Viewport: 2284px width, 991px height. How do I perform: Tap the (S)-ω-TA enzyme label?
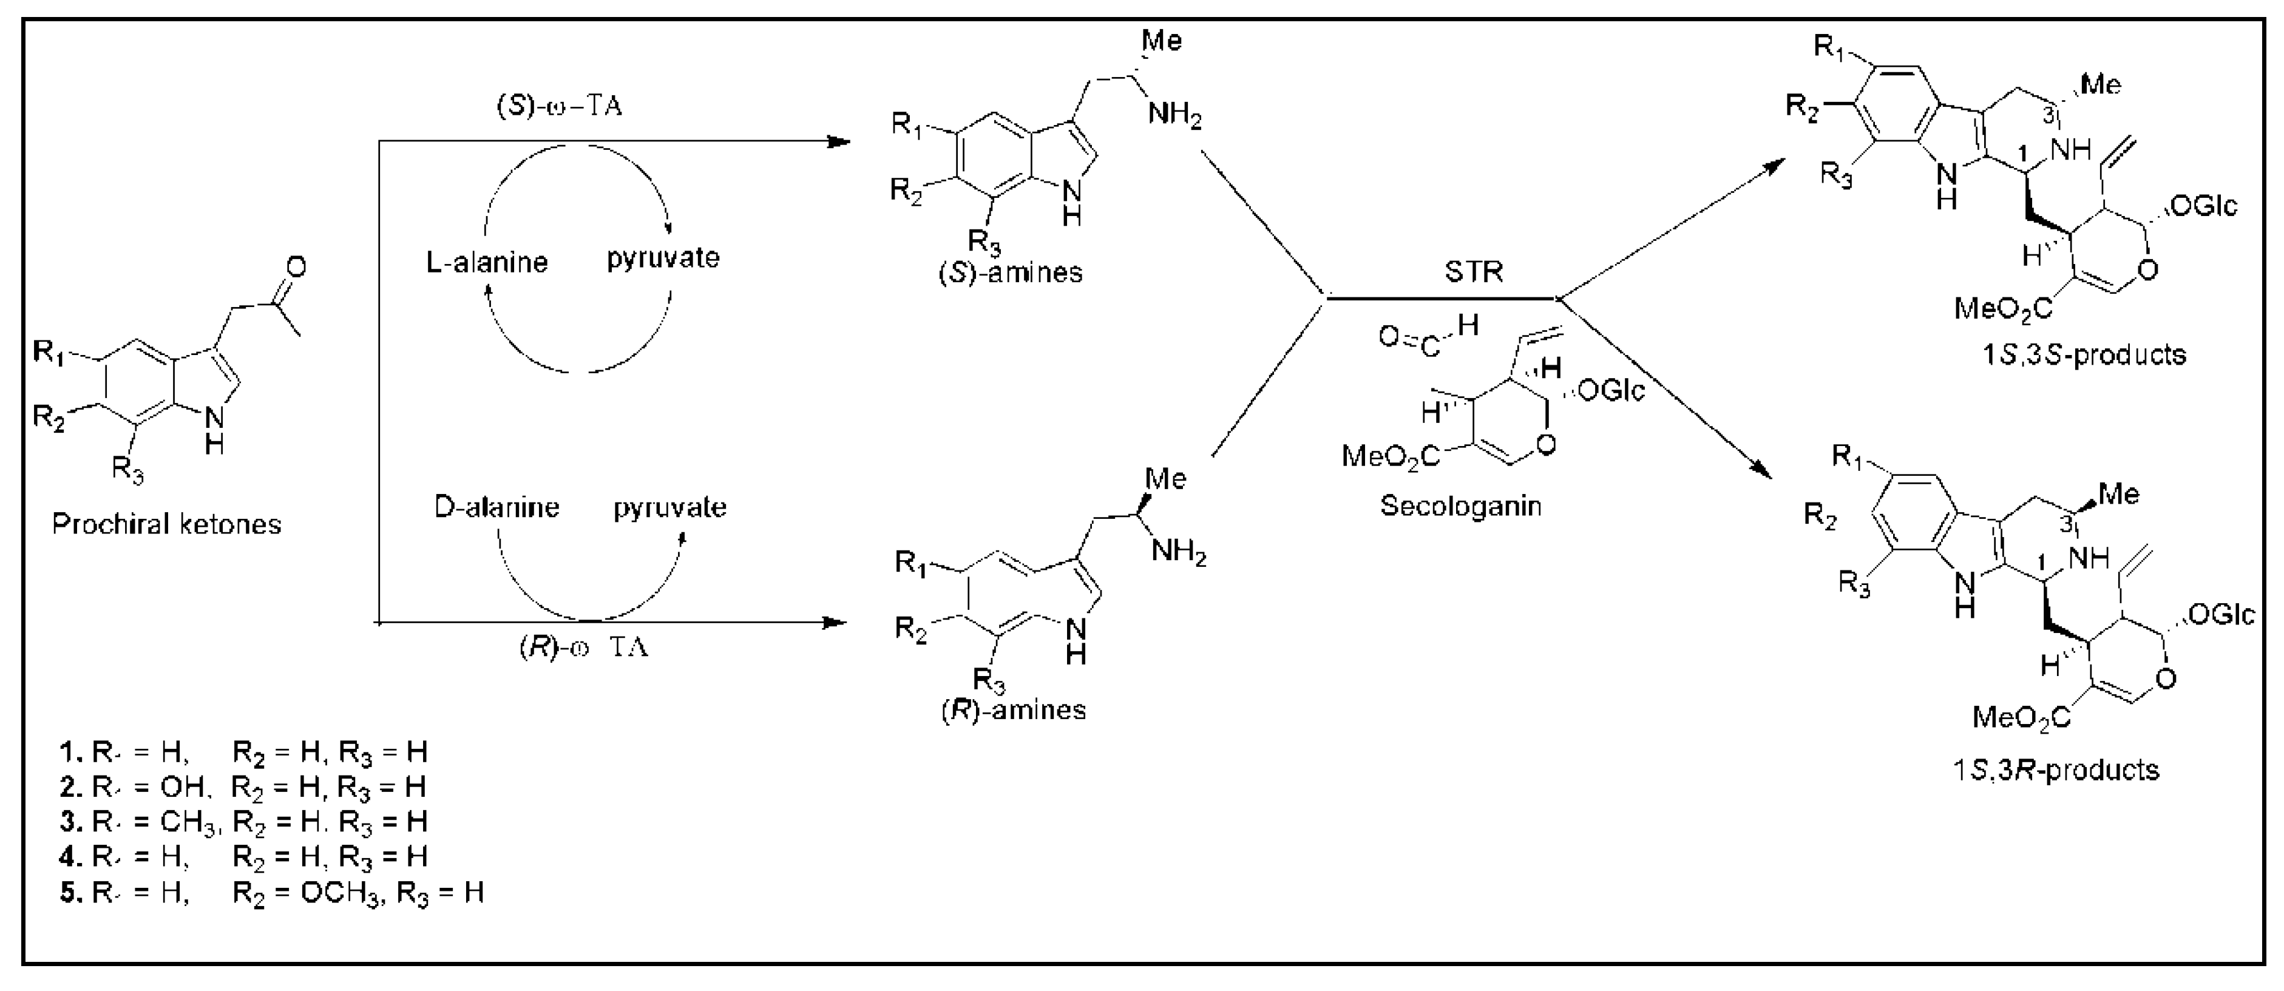pos(558,106)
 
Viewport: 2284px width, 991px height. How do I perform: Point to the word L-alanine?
pos(487,262)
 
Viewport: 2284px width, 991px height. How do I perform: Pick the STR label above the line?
pos(1474,271)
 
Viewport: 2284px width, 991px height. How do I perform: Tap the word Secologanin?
pos(1460,506)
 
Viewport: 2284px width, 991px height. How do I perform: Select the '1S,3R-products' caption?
pos(2056,769)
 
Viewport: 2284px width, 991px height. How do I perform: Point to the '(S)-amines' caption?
pos(1011,272)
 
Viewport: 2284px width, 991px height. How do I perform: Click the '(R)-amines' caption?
pos(1014,709)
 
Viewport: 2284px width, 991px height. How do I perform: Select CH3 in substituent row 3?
pos(188,822)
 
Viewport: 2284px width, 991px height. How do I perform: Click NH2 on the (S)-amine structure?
pos(1175,117)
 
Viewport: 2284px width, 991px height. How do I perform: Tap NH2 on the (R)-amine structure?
pos(1179,554)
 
